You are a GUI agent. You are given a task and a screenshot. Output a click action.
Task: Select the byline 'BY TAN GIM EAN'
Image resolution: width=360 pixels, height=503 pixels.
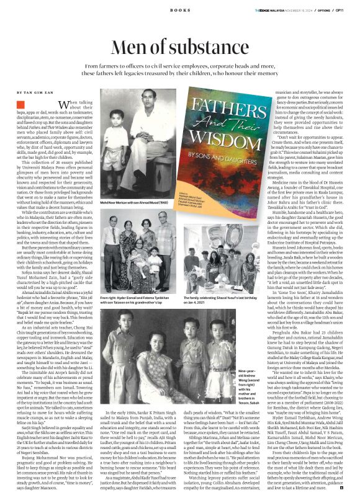tap(34, 91)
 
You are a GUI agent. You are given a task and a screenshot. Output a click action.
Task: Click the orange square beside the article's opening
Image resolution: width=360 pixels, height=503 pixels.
tap(20, 107)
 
